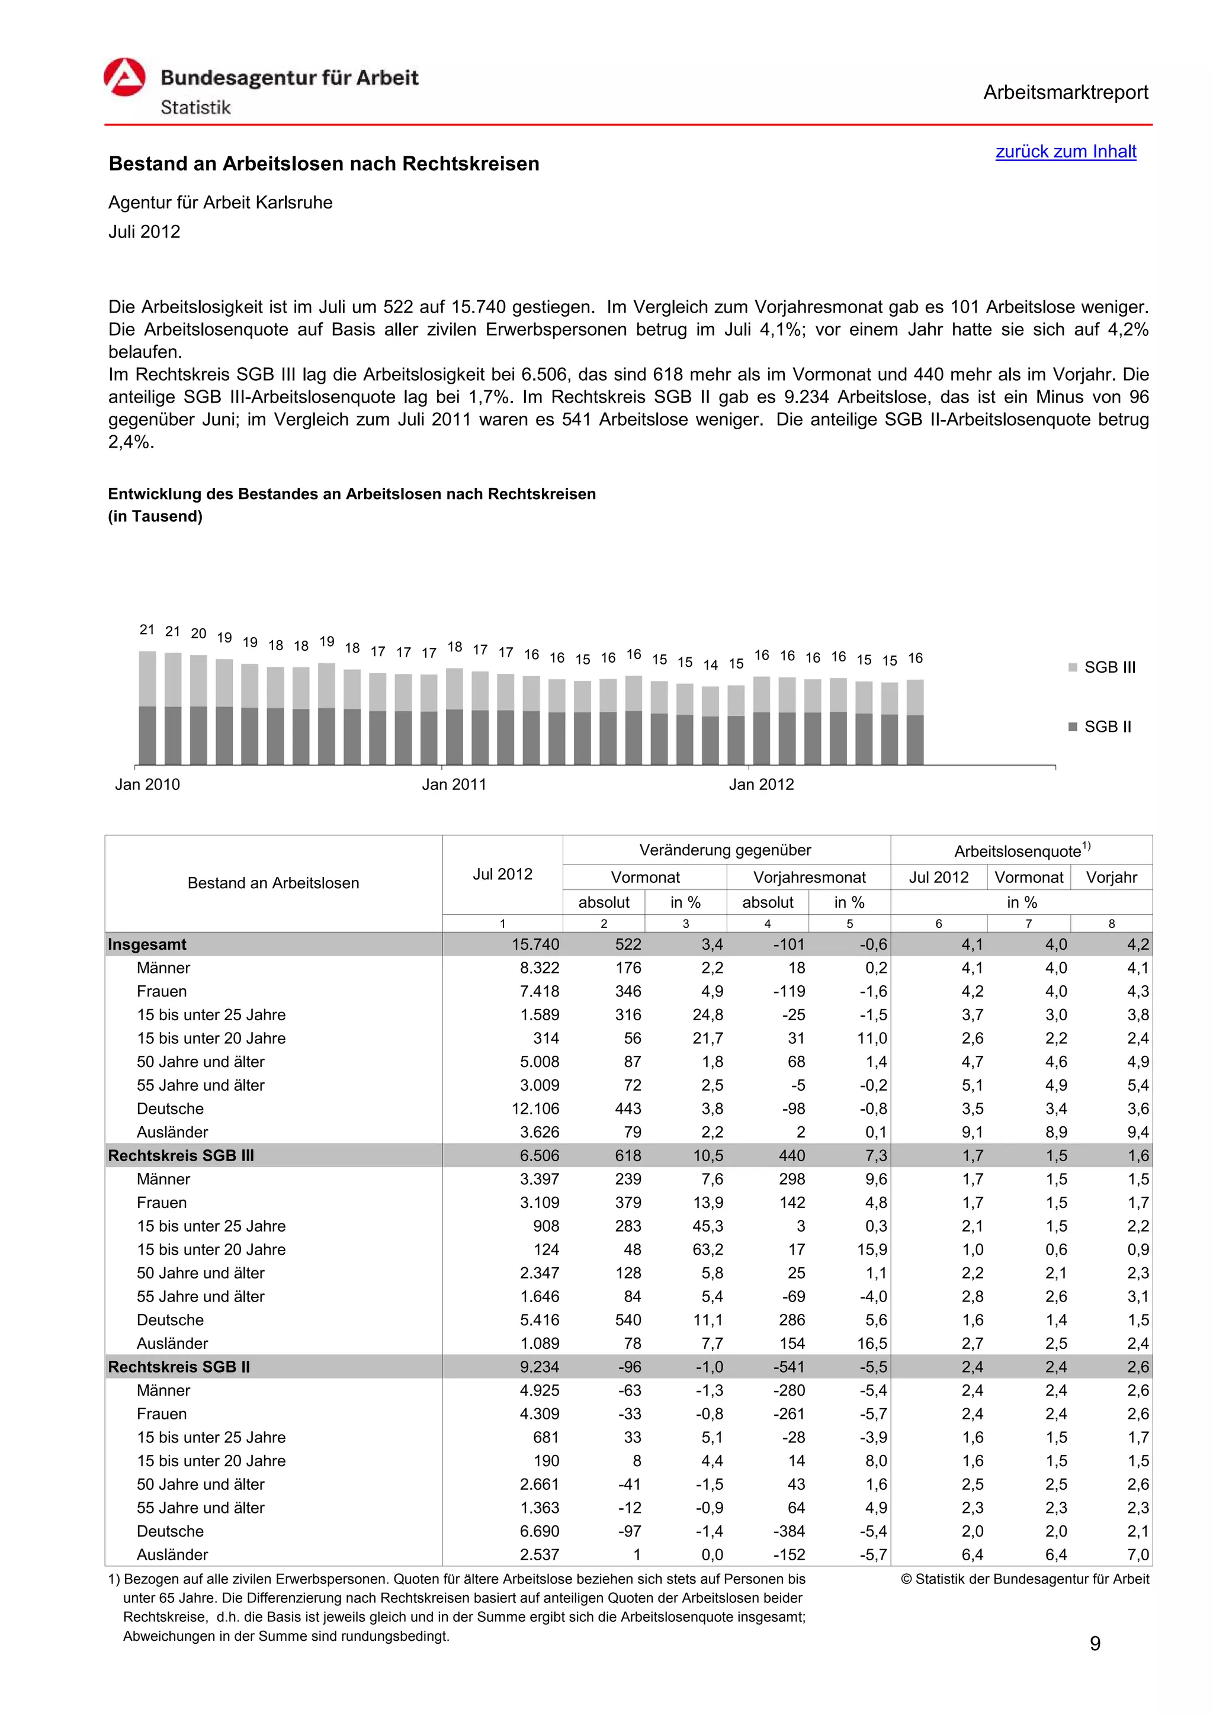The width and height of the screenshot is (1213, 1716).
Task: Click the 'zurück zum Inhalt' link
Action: pos(1065,152)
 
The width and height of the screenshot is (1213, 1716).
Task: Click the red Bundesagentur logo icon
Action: pos(124,78)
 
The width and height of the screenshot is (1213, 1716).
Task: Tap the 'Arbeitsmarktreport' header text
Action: pos(1065,93)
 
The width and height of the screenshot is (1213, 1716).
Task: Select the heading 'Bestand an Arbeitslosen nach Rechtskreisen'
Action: pos(323,163)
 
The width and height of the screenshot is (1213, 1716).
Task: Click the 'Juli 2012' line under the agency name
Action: pos(145,232)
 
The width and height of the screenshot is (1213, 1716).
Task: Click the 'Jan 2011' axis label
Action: pos(454,784)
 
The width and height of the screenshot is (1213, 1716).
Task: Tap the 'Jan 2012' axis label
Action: pos(761,784)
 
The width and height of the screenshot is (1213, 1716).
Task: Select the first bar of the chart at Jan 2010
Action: pos(147,707)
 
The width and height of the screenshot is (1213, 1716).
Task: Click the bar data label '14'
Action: pos(710,664)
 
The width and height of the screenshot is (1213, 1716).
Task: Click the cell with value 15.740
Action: pos(535,944)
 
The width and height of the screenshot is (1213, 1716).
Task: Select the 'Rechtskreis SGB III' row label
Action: pos(181,1155)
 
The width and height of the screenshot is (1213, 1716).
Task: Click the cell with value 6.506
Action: pos(539,1155)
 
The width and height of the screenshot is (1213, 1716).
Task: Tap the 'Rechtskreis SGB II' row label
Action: pos(179,1367)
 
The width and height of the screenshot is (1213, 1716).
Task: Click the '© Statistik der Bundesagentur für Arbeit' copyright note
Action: pos(1025,1579)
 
